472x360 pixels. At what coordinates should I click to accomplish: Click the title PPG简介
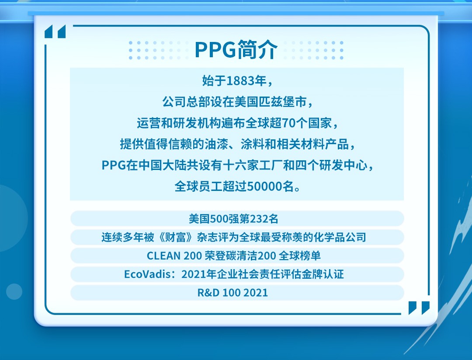[236, 50]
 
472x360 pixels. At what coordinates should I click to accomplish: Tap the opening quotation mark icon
[55, 32]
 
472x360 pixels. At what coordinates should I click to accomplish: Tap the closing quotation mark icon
[419, 308]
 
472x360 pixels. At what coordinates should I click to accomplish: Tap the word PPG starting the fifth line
[114, 165]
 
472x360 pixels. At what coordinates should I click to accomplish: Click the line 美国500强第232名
[233, 219]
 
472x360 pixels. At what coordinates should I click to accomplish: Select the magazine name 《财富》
[176, 237]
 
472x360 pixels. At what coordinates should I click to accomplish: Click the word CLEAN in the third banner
[163, 256]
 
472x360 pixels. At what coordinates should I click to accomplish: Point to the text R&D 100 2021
[233, 293]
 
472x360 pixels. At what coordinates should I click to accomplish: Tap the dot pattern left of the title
[158, 50]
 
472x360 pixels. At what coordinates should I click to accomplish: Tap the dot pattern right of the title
[314, 50]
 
